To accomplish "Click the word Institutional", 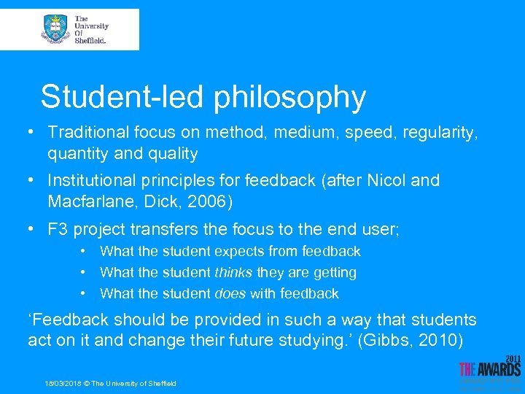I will pos(91,180).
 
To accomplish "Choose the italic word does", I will pos(230,294).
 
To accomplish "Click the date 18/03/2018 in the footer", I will pos(61,384).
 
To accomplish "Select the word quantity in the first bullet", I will pos(77,154).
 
